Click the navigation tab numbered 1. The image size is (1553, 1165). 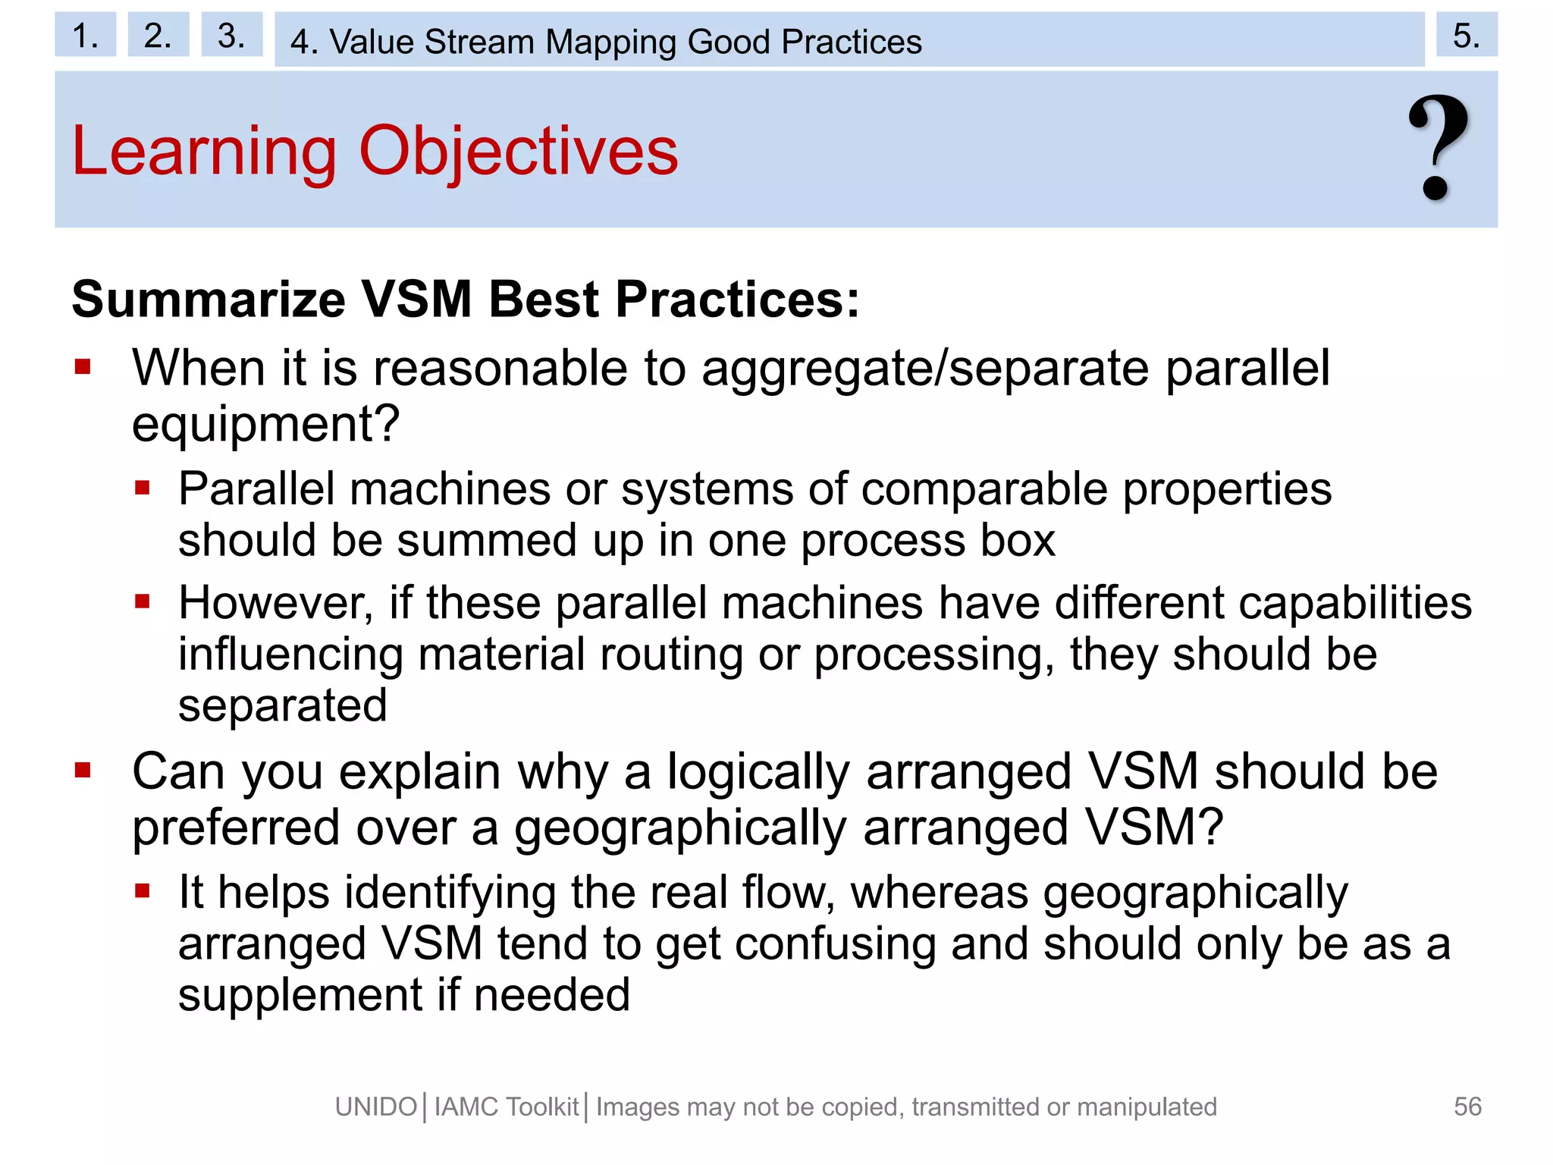coord(85,35)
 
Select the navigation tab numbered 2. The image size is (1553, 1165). coord(158,35)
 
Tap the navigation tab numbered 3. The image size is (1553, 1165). coord(231,35)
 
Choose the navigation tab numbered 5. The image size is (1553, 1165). coord(1466,35)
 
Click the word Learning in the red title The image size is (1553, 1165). coord(203,152)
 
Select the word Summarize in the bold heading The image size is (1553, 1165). coord(209,300)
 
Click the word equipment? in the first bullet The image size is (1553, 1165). coord(265,425)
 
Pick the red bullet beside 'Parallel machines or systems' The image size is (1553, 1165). coord(143,488)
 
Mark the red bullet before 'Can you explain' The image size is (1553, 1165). coord(83,771)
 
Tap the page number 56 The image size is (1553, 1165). coord(1467,1107)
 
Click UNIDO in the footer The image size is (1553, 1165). coord(376,1107)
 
